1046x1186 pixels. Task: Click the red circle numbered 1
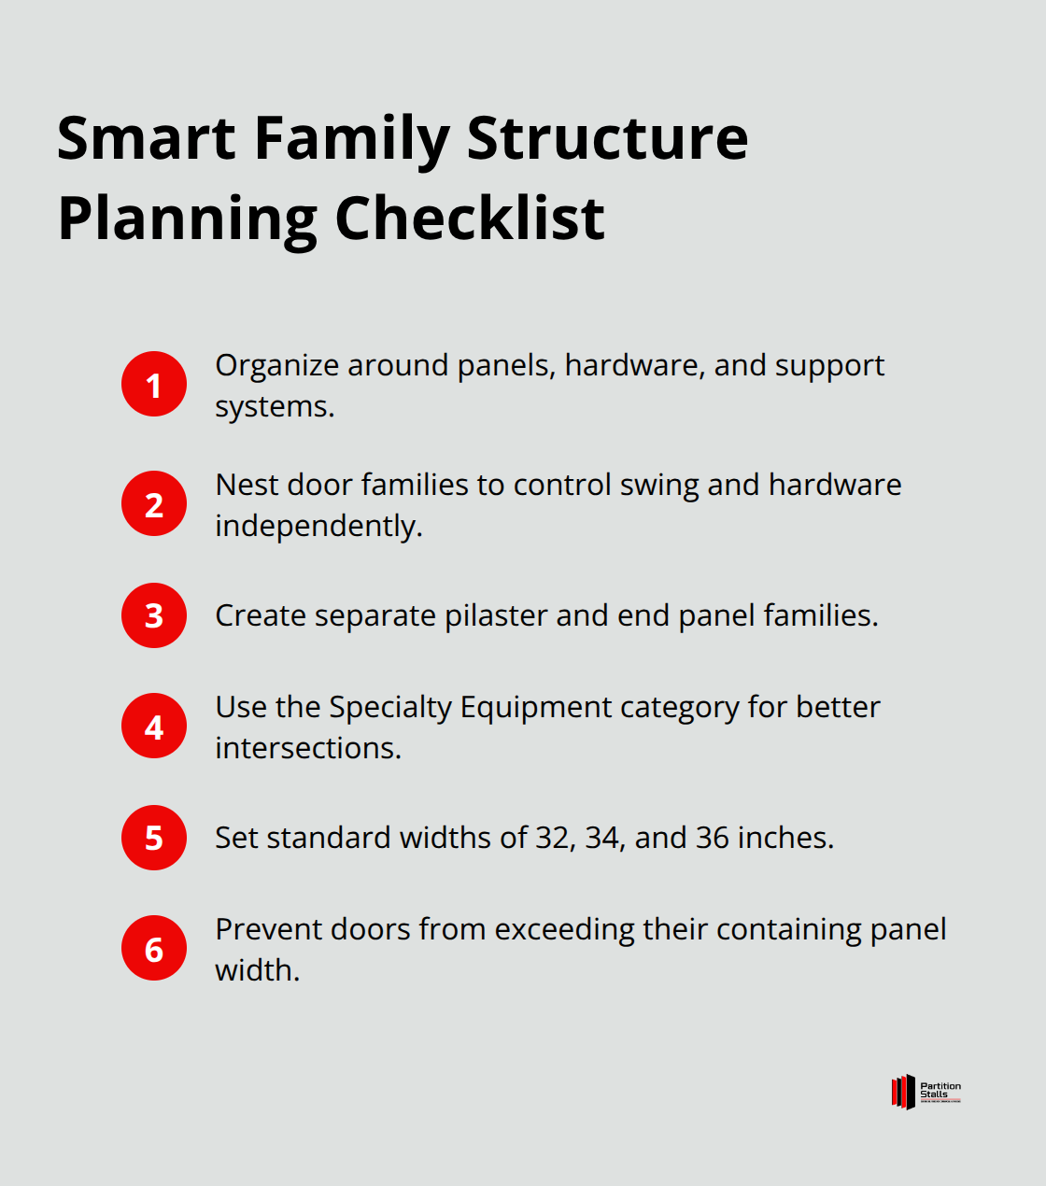(154, 384)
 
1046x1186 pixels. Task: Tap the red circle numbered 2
(154, 503)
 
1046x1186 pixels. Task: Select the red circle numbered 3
(154, 615)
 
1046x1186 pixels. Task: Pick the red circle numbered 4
(154, 726)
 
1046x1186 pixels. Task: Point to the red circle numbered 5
(154, 838)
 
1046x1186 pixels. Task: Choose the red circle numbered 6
(154, 948)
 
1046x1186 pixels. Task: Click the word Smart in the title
(147, 138)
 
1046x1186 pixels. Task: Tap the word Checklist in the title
(470, 219)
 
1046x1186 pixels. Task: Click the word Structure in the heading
(607, 138)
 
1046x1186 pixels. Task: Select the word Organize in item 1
(277, 366)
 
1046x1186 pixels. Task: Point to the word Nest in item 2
(247, 485)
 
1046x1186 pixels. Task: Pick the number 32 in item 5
(552, 838)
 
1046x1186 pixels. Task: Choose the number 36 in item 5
(713, 838)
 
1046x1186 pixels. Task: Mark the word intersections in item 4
(307, 748)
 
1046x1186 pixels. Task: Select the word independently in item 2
(318, 526)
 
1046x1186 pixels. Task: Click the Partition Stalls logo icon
(903, 1092)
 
